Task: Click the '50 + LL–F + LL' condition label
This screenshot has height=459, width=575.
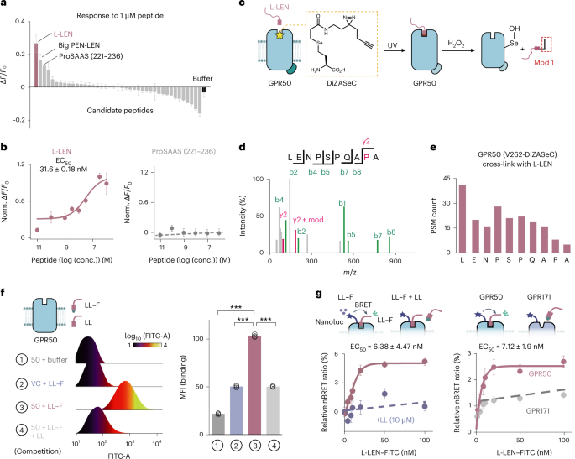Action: [43, 415]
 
